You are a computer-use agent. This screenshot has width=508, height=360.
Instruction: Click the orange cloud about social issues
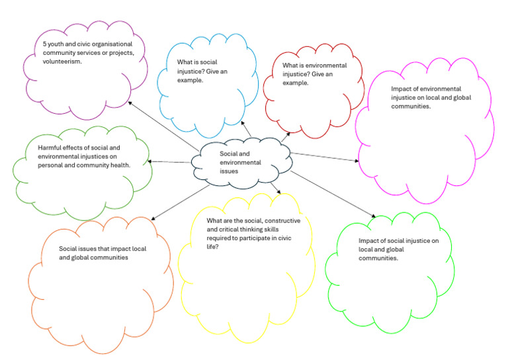[99, 285]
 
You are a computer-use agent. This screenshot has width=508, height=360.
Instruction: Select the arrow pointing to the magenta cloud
[324, 157]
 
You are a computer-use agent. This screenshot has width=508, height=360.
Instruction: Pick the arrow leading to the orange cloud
[175, 202]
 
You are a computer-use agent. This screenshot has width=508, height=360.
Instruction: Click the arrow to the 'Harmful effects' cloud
[169, 161]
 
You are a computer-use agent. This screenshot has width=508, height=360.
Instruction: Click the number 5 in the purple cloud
[36, 45]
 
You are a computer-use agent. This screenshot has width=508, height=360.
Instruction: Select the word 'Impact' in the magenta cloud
[401, 88]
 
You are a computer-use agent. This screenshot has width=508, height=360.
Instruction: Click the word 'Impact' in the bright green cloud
[368, 242]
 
